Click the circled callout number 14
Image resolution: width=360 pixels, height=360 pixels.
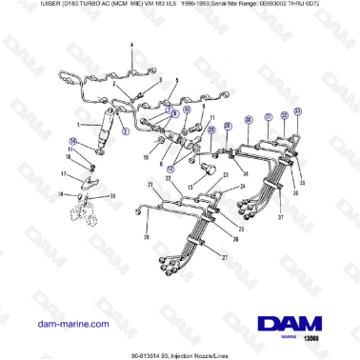click(x=71, y=141)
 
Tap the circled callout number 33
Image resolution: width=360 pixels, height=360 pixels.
click(x=297, y=110)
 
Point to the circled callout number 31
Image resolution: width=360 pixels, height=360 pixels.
click(x=268, y=116)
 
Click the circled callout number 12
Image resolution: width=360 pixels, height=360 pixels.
click(x=171, y=168)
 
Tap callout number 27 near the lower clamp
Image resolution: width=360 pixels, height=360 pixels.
click(x=225, y=257)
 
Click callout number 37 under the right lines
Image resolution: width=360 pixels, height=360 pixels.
click(x=279, y=217)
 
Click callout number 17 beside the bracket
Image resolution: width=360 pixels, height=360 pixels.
click(x=64, y=174)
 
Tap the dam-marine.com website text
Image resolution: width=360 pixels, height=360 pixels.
click(x=73, y=324)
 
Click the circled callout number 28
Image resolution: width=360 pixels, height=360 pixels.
click(x=229, y=124)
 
